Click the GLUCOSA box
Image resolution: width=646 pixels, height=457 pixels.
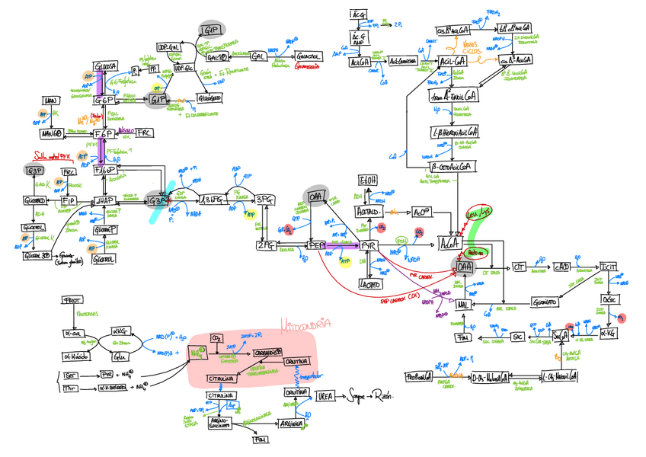(x=105, y=68)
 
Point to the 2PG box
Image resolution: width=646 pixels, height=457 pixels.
(x=267, y=245)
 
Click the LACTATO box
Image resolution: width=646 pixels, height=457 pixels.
(x=370, y=284)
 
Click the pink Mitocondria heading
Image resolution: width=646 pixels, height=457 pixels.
(x=305, y=324)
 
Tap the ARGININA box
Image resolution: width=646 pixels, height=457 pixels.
(x=292, y=423)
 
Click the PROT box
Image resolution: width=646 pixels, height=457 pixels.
(x=72, y=300)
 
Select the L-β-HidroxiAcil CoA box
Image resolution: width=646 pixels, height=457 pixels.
(x=454, y=131)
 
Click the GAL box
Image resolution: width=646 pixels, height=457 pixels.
(x=258, y=56)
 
